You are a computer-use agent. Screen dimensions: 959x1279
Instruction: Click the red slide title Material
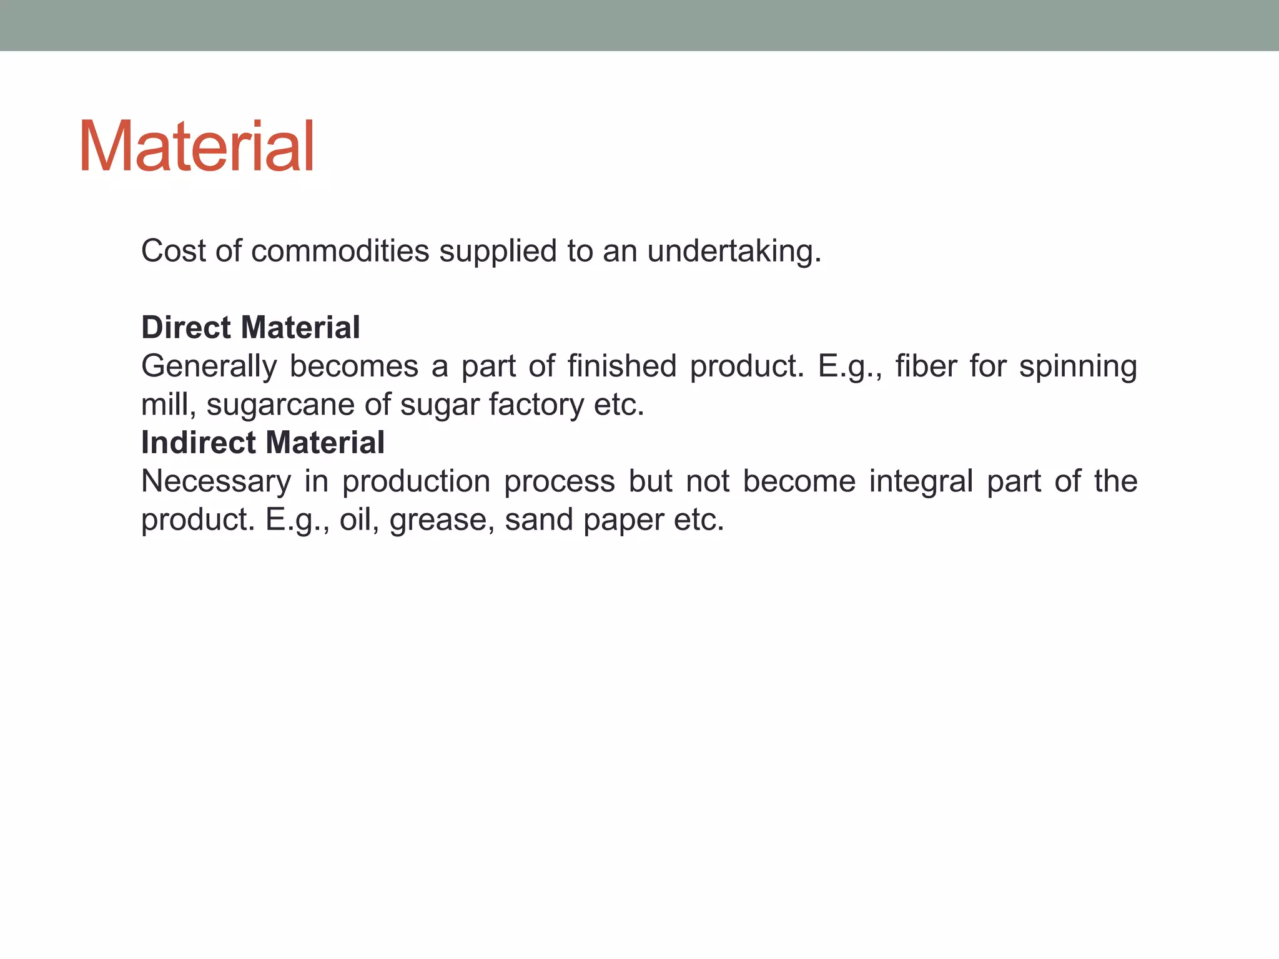tap(197, 147)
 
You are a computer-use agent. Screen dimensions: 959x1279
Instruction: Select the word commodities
tap(340, 251)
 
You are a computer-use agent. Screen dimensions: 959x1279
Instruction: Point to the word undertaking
tap(734, 251)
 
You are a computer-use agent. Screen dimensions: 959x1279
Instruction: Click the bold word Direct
tap(186, 328)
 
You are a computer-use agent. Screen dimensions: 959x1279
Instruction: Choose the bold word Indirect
tap(198, 443)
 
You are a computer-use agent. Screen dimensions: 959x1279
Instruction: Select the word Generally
tap(209, 366)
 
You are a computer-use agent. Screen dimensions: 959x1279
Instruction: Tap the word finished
tap(622, 366)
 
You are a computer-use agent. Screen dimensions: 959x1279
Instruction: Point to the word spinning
tap(1078, 366)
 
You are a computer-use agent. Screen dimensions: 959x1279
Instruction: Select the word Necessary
tap(216, 481)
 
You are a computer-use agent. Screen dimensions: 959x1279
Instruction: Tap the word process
tap(559, 481)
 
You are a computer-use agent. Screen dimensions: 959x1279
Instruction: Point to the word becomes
tap(354, 366)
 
